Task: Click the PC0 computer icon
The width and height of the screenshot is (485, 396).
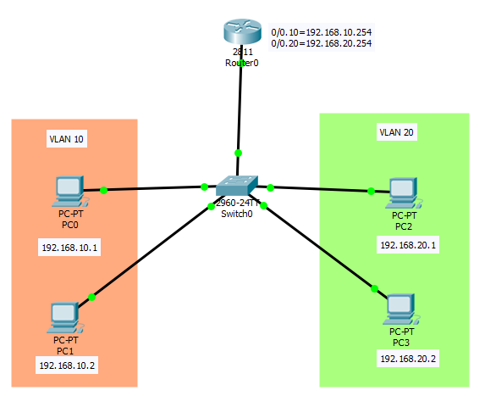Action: pos(66,192)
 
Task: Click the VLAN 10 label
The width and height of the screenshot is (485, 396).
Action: pos(67,137)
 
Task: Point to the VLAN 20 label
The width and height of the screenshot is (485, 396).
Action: pos(396,132)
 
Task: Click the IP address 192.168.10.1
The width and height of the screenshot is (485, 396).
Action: pos(69,248)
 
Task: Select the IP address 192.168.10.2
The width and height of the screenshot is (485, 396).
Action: pos(67,365)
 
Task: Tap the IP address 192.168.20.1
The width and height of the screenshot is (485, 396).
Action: pos(409,244)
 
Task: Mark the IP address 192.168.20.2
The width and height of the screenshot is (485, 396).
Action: pos(409,359)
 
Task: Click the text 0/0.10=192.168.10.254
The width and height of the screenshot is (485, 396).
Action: pos(322,32)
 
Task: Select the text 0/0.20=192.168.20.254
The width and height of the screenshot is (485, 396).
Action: pos(322,42)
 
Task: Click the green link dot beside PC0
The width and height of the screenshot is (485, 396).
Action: pos(103,190)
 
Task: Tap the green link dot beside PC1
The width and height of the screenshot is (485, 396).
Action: pos(92,297)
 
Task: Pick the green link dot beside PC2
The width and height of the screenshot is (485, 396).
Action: pos(371,191)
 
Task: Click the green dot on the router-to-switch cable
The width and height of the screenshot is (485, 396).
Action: pos(238,153)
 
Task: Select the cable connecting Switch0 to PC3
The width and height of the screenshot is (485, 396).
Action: pos(317,247)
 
